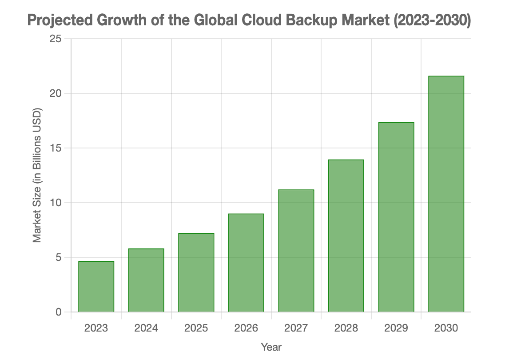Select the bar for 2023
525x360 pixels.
96,287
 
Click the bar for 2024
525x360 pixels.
146,280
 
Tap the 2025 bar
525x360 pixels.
196,272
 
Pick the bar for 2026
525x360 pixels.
246,263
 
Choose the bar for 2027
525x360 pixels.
296,251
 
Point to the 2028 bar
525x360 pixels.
346,236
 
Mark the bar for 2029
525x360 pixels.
396,217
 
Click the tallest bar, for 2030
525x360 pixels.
446,194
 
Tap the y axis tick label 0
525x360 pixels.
58,312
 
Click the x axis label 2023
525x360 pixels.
96,328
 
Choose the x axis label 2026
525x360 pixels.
246,328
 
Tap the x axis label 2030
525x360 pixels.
446,328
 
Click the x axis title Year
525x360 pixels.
271,347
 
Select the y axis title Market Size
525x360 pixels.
37,175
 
